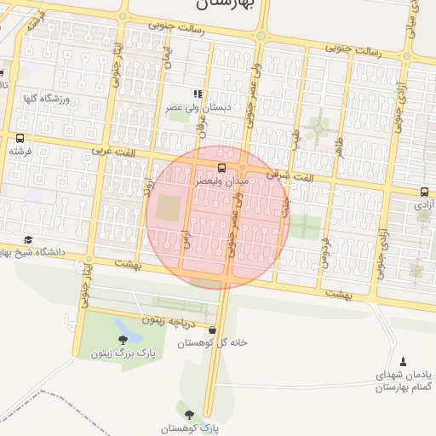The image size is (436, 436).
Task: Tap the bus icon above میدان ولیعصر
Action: pyautogui.click(x=221, y=168)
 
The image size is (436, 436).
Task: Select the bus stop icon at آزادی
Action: pyautogui.click(x=424, y=192)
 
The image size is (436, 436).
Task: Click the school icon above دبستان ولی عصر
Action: pyautogui.click(x=198, y=95)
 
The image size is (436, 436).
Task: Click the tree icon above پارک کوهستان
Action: pyautogui.click(x=189, y=415)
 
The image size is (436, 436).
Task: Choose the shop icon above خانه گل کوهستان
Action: pyautogui.click(x=212, y=330)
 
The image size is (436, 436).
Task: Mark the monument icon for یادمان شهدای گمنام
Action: pyautogui.click(x=404, y=362)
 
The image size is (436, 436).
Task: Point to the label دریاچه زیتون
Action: pyautogui.click(x=169, y=322)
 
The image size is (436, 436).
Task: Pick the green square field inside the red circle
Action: pyautogui.click(x=168, y=208)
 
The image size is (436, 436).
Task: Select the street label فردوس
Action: pyautogui.click(x=324, y=251)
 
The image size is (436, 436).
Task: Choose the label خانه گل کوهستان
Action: pyautogui.click(x=212, y=343)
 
